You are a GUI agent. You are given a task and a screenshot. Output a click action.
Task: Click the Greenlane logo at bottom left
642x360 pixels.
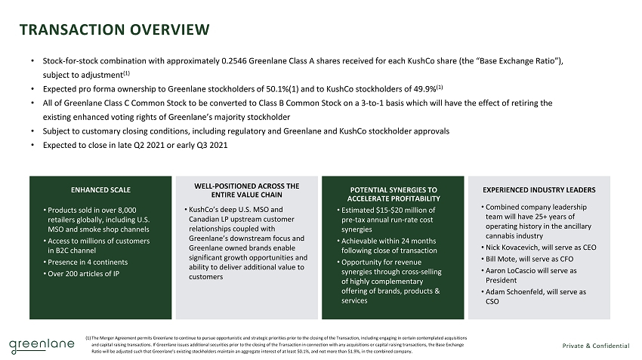(x=42, y=346)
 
